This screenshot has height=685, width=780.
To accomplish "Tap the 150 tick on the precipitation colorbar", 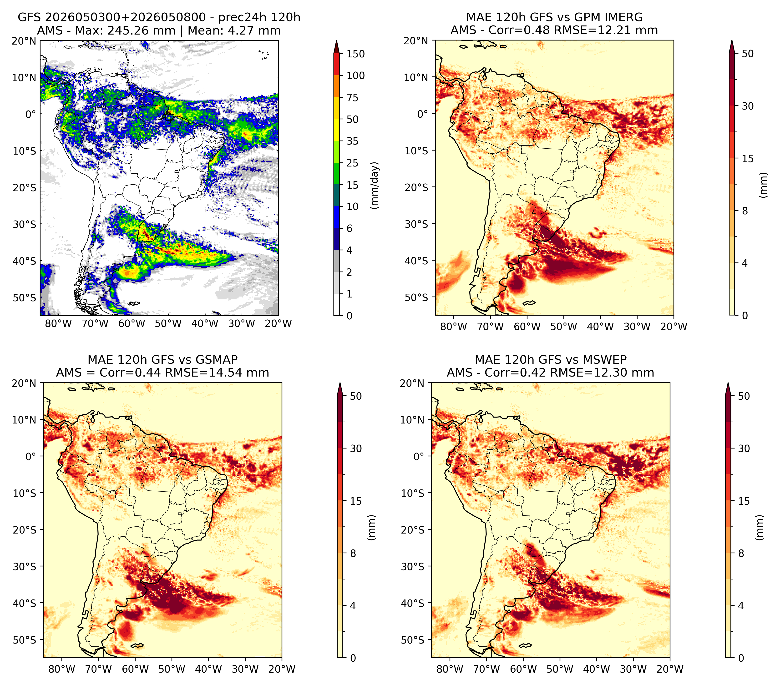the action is (356, 54).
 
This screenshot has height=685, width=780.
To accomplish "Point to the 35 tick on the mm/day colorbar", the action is (353, 141).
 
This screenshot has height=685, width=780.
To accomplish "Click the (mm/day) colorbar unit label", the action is (375, 185).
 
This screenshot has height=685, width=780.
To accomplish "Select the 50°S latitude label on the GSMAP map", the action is (25, 640).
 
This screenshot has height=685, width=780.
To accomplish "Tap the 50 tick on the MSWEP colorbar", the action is (744, 396).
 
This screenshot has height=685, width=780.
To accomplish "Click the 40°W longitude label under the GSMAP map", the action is (209, 669).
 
